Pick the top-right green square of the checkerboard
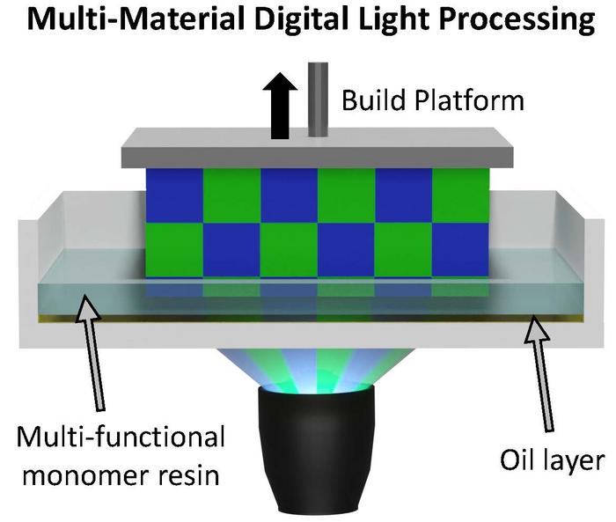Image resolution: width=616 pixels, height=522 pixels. pyautogui.click(x=460, y=195)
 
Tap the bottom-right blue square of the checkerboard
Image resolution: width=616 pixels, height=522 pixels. pyautogui.click(x=460, y=249)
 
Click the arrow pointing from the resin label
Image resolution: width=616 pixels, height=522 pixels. pyautogui.click(x=97, y=352)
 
